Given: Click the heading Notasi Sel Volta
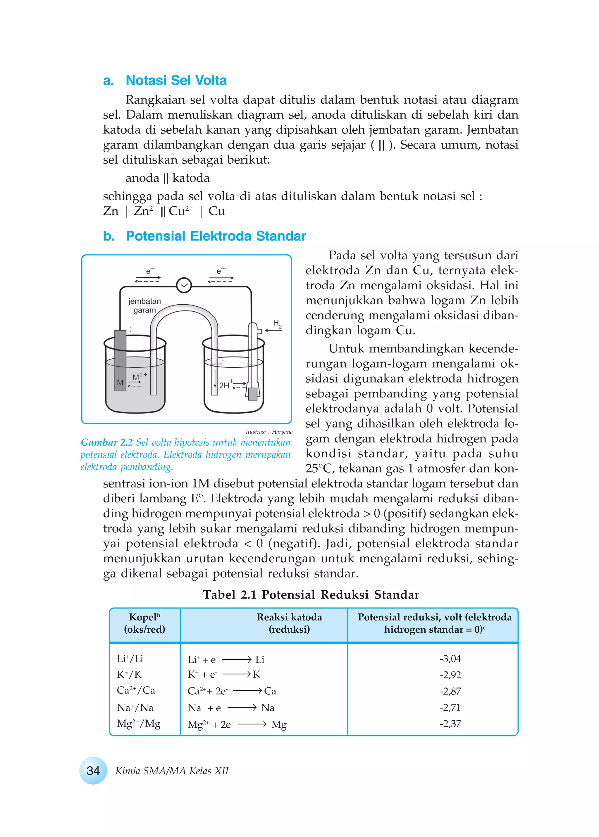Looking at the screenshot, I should click(176, 80).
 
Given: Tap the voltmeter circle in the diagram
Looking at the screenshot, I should click(184, 285).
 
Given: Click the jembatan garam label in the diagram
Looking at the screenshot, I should click(144, 305).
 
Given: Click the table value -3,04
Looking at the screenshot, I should click(450, 659).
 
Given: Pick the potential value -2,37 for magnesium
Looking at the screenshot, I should click(450, 724).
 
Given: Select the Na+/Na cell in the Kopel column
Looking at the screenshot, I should click(135, 707).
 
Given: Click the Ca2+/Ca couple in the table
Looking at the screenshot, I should click(136, 690).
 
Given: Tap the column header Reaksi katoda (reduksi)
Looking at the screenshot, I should click(289, 623).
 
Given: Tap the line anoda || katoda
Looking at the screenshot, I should click(168, 178).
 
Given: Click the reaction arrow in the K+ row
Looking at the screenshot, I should click(236, 674).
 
